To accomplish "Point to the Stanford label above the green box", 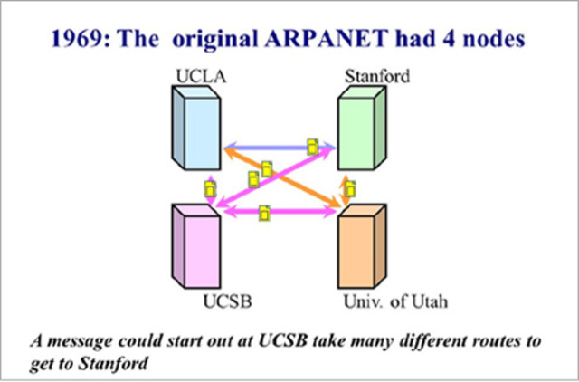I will click(x=377, y=76).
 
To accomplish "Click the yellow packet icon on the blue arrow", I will click(x=312, y=146).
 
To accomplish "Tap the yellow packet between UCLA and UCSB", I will click(x=209, y=189).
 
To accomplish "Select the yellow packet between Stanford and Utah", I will click(x=349, y=189).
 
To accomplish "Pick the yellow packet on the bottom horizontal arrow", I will click(x=263, y=214).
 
